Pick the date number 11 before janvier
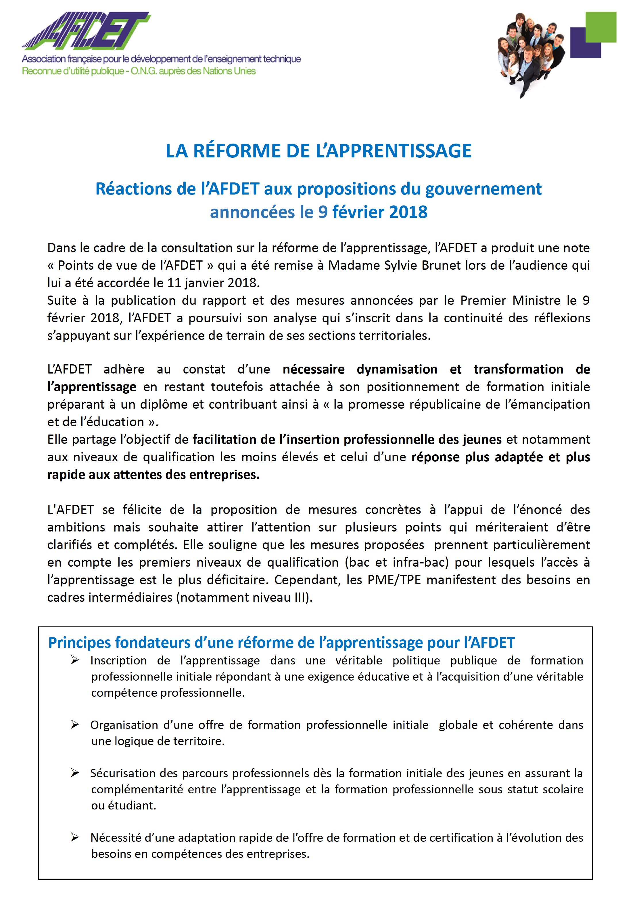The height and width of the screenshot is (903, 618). click(x=174, y=283)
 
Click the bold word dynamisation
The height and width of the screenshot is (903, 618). click(x=397, y=369)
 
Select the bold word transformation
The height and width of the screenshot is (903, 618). click(x=518, y=369)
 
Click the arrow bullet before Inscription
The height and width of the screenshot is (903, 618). click(x=75, y=660)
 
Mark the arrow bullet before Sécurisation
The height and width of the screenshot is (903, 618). click(x=75, y=773)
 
